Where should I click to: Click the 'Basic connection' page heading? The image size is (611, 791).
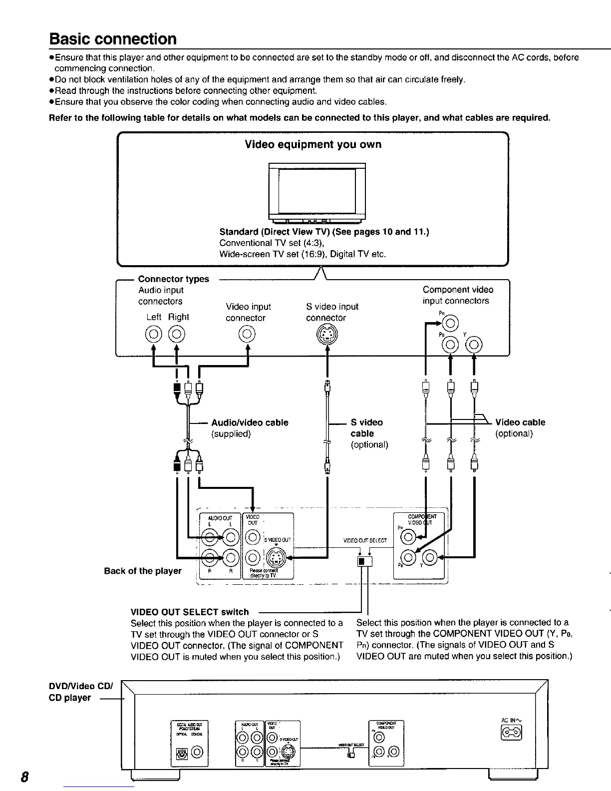113,38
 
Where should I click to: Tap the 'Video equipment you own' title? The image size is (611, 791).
313,144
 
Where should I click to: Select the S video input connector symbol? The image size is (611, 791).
327,333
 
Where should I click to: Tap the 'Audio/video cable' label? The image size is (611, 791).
250,422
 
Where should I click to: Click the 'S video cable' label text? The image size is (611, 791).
366,428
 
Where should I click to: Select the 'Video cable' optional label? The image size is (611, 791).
520,422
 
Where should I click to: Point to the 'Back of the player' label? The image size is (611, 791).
143,570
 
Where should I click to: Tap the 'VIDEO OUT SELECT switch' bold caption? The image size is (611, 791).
189,612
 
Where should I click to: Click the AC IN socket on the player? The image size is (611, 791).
512,733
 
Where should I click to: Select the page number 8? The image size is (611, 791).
23,778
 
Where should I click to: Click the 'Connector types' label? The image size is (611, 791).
173,279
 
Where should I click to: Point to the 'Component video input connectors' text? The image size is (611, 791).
458,295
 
